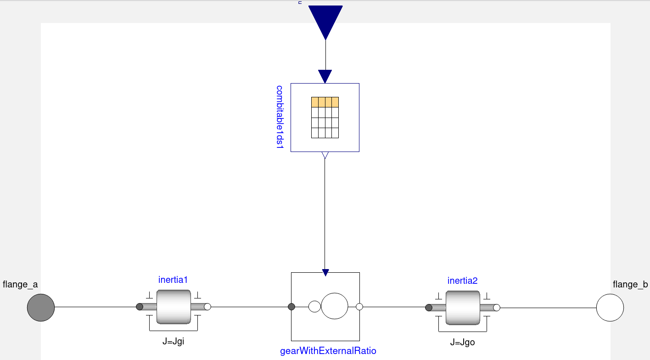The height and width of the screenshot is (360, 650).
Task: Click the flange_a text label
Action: pos(20,285)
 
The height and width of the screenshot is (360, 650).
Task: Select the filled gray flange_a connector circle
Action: pos(41,307)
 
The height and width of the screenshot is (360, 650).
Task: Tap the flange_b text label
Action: pos(630,285)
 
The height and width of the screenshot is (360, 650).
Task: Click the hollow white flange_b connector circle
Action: pos(610,307)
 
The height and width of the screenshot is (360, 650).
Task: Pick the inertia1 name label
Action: pos(173,280)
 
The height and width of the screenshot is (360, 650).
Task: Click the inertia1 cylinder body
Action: pos(174,307)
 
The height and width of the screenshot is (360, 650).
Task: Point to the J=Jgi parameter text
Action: pos(174,341)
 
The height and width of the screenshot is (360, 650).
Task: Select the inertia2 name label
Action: pos(462,281)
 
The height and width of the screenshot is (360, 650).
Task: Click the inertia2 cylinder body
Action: pos(463,307)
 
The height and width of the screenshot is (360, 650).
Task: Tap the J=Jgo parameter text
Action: pos(463,342)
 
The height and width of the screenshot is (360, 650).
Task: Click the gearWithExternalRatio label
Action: pos(328,351)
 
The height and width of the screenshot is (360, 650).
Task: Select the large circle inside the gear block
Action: pos(335,306)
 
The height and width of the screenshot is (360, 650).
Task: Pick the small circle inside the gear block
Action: pos(314,306)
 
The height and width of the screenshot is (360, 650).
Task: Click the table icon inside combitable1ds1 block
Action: pos(325,118)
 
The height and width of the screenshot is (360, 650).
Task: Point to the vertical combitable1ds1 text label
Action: pos(280,117)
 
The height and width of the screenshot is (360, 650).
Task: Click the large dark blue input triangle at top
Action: pos(325,21)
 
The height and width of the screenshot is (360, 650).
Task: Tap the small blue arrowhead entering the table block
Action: pos(325,76)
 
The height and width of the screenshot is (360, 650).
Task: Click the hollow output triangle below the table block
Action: pos(325,155)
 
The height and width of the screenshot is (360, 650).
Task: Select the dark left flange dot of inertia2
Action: pos(429,308)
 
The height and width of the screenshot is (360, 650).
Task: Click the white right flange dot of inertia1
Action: pos(207,307)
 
